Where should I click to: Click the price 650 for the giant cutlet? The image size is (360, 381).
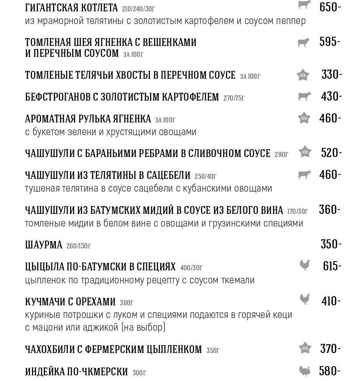pos(330,7)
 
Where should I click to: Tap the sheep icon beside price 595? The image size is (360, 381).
pos(303,42)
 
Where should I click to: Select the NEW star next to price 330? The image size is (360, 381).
pos(303,75)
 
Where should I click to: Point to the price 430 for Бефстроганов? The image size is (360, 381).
pos(331,96)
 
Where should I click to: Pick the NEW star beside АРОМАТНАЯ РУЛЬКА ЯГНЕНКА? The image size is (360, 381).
pos(304,118)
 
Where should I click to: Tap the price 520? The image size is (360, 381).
pos(331,153)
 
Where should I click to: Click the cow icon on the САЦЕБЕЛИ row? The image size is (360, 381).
pos(304,175)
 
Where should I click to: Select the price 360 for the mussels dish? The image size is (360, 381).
pos(329,210)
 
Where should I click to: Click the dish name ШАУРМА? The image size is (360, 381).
pos(44,245)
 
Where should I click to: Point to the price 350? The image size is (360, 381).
pos(331,244)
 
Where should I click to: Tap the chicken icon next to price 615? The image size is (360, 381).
pos(304,266)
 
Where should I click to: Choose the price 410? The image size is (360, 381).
pos(331,301)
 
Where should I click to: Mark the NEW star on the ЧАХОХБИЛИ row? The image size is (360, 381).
pos(305,348)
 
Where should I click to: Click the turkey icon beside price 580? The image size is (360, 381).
pos(304,371)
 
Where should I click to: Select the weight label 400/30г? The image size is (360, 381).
pos(191,268)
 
